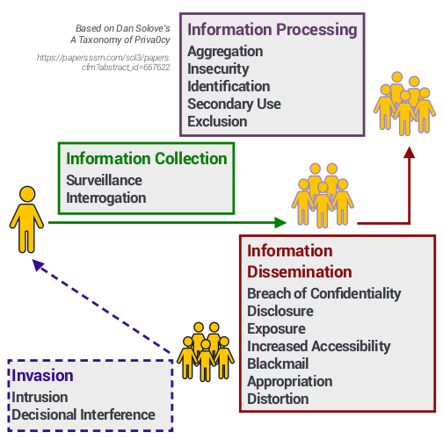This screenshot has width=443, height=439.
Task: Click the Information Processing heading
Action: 272,30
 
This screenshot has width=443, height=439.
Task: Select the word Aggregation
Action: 225,52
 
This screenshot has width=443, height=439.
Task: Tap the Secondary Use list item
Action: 234,104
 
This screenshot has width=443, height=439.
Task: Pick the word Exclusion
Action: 217,122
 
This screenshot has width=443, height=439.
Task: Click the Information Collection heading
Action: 147,159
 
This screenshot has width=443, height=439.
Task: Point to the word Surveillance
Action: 104,180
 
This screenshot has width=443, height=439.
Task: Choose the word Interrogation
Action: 106,198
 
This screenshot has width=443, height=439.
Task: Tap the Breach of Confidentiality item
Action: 323,293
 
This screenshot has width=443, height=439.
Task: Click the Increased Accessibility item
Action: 318,346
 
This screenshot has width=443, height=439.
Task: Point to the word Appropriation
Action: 289,381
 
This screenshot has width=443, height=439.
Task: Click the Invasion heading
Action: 42,377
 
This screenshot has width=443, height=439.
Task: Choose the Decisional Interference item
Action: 84,414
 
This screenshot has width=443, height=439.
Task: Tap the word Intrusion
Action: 40,397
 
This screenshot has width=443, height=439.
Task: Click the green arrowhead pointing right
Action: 281,223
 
